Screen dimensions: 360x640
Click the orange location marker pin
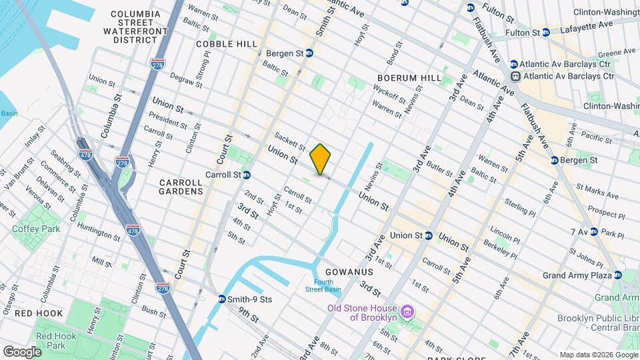pyautogui.click(x=321, y=159)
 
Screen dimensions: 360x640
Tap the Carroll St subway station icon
pyautogui.click(x=246, y=175)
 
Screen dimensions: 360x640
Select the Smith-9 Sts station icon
pyautogui.click(x=222, y=299)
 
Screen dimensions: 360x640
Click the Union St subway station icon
pyautogui.click(x=428, y=235)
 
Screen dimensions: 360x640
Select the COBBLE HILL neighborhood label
pyautogui.click(x=227, y=44)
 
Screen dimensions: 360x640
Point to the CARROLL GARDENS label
pyautogui.click(x=181, y=187)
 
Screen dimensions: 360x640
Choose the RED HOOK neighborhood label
pyautogui.click(x=39, y=313)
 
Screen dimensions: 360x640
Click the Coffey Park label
pyautogui.click(x=35, y=229)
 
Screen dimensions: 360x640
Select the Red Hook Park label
pyautogui.click(x=56, y=341)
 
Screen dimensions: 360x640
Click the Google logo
pyautogui.click(x=21, y=351)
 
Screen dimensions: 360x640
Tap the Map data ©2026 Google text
pyautogui.click(x=598, y=355)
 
